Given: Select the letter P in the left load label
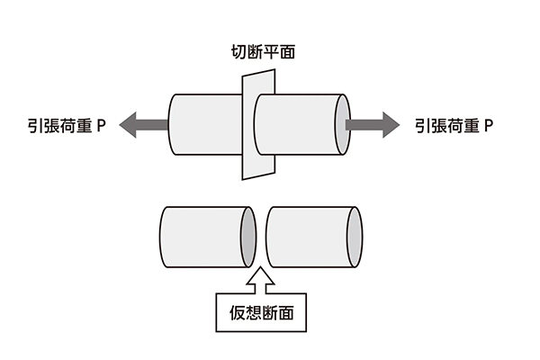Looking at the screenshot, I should pyautogui.click(x=103, y=126).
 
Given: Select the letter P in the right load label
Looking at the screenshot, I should pyautogui.click(x=490, y=126).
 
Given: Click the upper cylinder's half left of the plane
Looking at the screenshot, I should pyautogui.click(x=203, y=124).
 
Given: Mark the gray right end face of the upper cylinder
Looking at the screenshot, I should pyautogui.click(x=341, y=121).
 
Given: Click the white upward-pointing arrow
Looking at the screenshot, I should pyautogui.click(x=258, y=280).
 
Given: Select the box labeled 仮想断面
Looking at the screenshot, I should pyautogui.click(x=258, y=314).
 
